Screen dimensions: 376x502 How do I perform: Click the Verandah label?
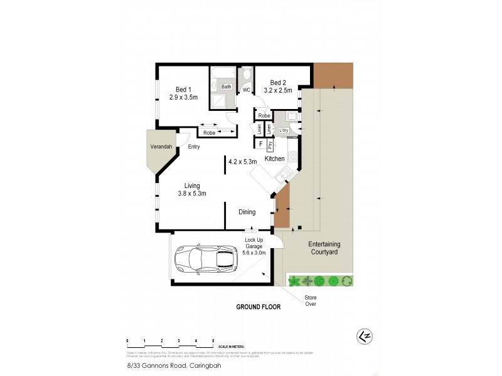[x=161, y=147]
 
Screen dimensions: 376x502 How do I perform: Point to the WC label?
[x=247, y=90]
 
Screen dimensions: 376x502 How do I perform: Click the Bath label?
[x=226, y=87]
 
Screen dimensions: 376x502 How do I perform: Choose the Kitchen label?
[x=275, y=159]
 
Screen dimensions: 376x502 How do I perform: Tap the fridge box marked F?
[x=260, y=144]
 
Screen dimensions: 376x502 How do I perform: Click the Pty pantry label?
[x=270, y=145]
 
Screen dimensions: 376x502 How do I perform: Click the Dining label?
[x=247, y=212]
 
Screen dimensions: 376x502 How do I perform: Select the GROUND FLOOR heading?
[x=258, y=307]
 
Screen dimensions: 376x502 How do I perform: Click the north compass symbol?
[x=363, y=335]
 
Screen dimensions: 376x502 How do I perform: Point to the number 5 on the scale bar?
[x=213, y=340]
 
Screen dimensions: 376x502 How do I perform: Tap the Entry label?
[x=193, y=147]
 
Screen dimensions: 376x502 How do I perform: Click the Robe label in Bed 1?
[x=209, y=133]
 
